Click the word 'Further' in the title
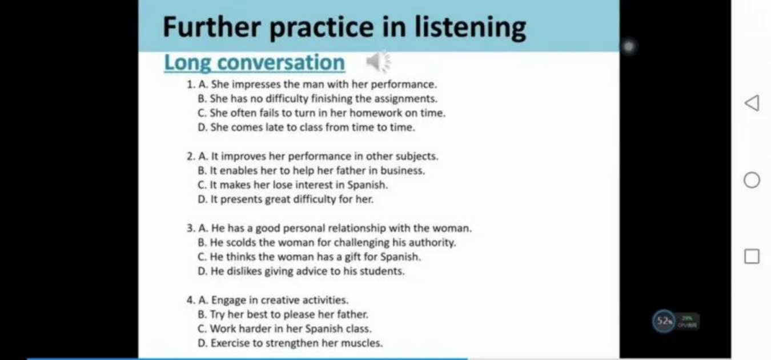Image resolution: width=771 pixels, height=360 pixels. (x=211, y=27)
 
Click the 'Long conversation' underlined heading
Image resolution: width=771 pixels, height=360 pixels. (x=254, y=63)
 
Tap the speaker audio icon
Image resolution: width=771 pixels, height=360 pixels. (x=378, y=62)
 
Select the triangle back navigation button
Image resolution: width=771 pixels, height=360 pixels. (x=752, y=103)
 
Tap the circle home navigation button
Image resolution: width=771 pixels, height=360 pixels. (x=752, y=180)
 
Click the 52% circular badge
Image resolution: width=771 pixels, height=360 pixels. (x=664, y=321)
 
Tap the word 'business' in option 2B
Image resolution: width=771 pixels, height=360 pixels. (x=403, y=170)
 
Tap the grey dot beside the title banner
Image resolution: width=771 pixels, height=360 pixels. (x=628, y=46)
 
